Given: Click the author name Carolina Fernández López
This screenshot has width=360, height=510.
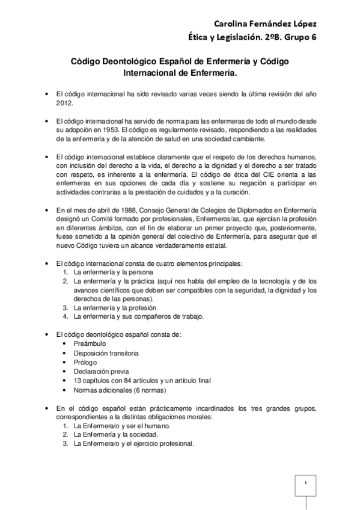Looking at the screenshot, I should point(264,23).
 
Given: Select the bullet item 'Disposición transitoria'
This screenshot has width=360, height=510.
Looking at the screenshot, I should point(106,353).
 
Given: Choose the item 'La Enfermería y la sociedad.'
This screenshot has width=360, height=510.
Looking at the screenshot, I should point(115,434).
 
